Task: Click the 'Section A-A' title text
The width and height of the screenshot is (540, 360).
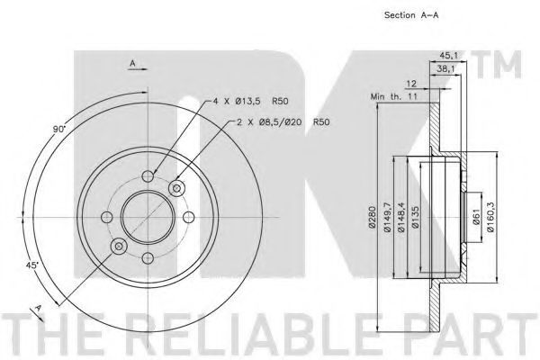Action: (x=411, y=15)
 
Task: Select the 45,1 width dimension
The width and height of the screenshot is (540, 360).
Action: (x=449, y=56)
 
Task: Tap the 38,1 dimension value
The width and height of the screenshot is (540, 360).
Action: (x=446, y=69)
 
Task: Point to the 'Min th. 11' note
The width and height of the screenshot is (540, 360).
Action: (x=393, y=96)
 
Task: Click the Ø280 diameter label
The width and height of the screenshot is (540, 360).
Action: (x=372, y=217)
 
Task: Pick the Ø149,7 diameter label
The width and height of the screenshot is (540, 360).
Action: (x=388, y=217)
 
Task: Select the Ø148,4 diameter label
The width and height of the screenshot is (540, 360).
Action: (x=401, y=217)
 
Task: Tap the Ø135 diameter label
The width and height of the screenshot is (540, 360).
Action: (x=415, y=217)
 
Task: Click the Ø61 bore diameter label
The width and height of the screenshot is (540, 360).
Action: (x=476, y=217)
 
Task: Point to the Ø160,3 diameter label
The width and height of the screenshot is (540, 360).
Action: (x=491, y=217)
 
